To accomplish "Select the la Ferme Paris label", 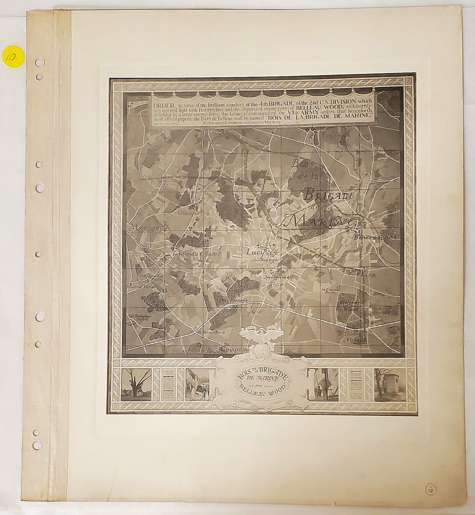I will (x=209, y=332).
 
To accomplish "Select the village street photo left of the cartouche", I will (x=198, y=385).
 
